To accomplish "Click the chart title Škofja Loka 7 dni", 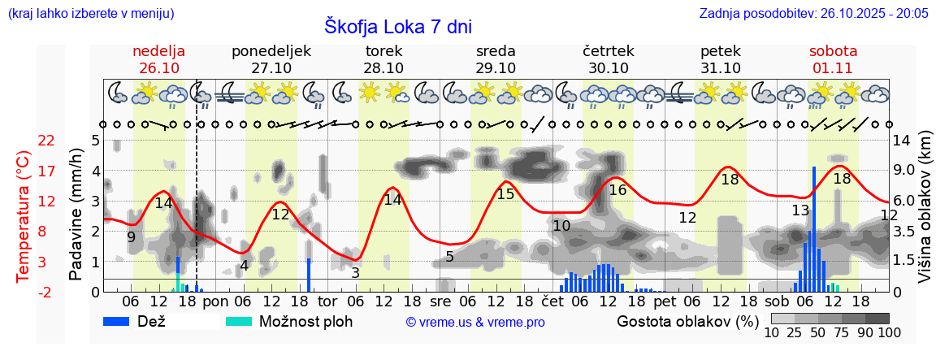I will coord(398,25).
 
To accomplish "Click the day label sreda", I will coord(496,51).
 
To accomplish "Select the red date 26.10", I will coord(159,68).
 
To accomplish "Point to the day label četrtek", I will coord(609,51).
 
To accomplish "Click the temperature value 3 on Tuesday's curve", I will coord(355,272).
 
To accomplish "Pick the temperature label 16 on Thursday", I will coord(617,189).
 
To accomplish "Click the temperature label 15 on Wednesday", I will coord(505,193).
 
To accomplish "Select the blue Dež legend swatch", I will coord(122,321).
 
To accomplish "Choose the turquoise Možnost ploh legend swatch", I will coord(240,321).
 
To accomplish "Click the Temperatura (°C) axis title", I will coord(24,216).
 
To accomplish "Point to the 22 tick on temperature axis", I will coord(24,141).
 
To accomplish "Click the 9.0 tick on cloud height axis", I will coord(905,171).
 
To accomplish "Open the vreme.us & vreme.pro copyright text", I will coord(475,323).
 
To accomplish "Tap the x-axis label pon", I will coord(215,301).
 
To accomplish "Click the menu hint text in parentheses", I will coord(90,13).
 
